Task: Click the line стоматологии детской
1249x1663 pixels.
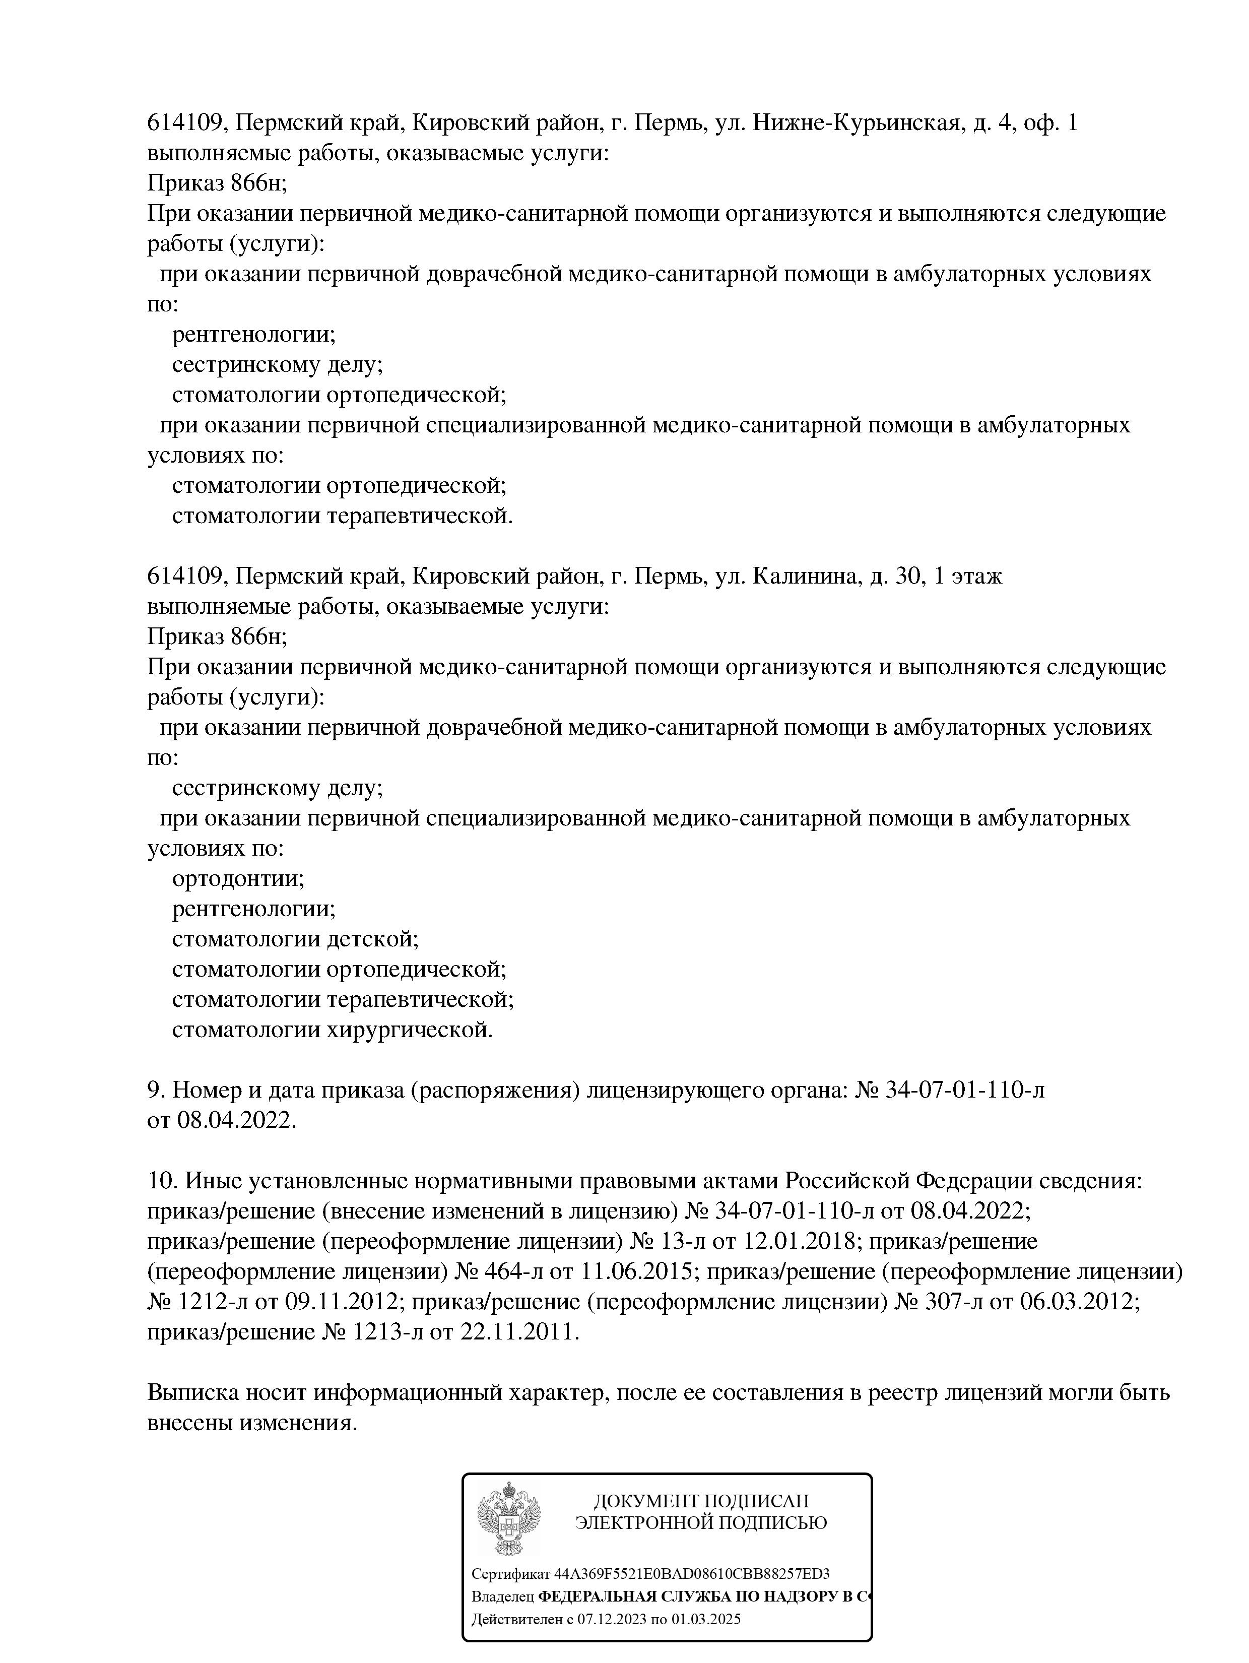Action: (295, 939)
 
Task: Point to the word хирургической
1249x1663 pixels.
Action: (410, 1030)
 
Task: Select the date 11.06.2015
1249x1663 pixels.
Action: (636, 1271)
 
